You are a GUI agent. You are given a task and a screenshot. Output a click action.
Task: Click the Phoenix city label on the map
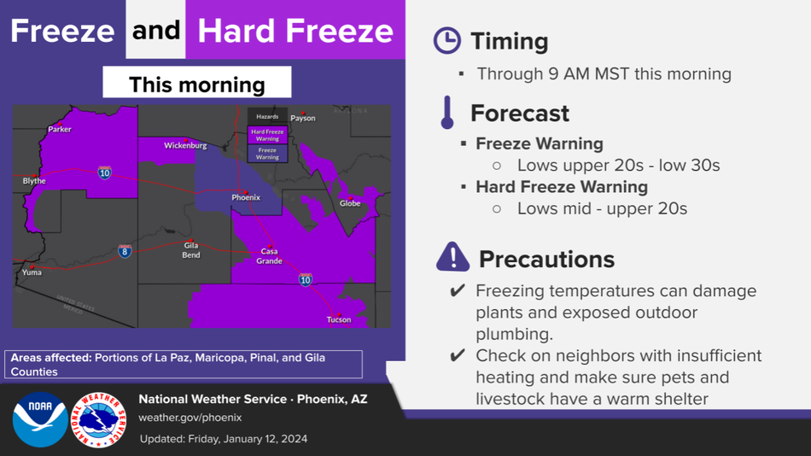(246, 198)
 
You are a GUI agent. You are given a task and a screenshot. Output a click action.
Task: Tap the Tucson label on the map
(339, 320)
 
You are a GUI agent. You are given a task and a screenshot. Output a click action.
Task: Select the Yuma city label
(32, 272)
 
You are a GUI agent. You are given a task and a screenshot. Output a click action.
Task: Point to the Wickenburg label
(185, 145)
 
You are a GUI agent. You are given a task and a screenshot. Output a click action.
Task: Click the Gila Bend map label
(191, 250)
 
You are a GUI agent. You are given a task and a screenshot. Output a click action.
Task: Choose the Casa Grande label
(270, 256)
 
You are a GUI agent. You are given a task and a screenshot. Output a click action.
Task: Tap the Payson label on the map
(302, 118)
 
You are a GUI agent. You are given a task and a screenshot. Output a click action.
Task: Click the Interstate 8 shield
(125, 251)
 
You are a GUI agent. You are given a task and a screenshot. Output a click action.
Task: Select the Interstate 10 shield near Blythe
(104, 172)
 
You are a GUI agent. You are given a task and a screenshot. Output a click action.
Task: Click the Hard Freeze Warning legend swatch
(267, 135)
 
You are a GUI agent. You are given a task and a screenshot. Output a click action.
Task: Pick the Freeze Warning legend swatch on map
(267, 154)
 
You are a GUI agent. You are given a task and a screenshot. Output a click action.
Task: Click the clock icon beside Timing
(446, 40)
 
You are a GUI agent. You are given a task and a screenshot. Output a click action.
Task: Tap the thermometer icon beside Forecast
(447, 113)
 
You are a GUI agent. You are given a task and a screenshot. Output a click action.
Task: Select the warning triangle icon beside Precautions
(452, 257)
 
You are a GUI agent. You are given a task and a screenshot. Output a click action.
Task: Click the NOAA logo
(40, 419)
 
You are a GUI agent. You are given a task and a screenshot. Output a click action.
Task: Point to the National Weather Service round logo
(98, 419)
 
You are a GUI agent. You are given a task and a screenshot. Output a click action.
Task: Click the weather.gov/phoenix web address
(190, 418)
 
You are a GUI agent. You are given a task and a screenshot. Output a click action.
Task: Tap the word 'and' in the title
(155, 30)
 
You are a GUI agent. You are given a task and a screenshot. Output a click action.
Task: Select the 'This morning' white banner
(197, 82)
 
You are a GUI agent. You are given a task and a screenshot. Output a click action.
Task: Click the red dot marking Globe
(350, 198)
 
